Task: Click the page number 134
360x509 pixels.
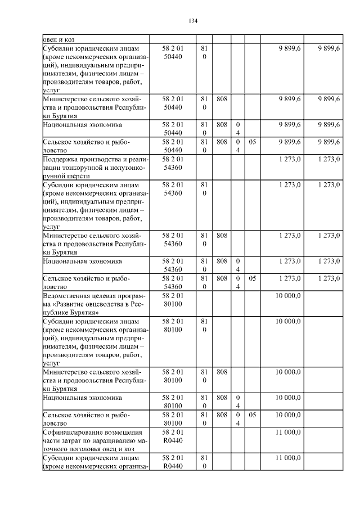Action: (193, 21)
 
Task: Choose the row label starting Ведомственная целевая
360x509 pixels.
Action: (95, 304)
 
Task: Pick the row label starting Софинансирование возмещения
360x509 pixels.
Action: (95, 440)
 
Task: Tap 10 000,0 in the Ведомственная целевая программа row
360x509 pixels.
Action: (287, 296)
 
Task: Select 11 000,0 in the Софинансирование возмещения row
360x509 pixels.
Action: (287, 432)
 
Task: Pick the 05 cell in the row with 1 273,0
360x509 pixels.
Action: (253, 278)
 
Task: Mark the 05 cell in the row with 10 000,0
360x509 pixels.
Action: (253, 415)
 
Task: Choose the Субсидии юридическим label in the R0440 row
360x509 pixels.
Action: (95, 462)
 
